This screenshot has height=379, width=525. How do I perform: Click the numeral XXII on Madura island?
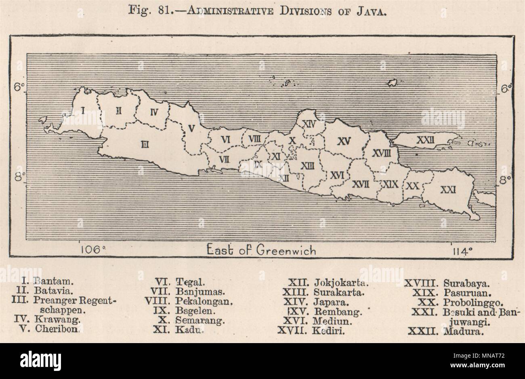pos(426,140)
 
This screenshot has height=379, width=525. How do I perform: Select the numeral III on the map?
pos(145,145)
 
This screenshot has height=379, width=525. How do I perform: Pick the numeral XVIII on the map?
pos(381,153)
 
